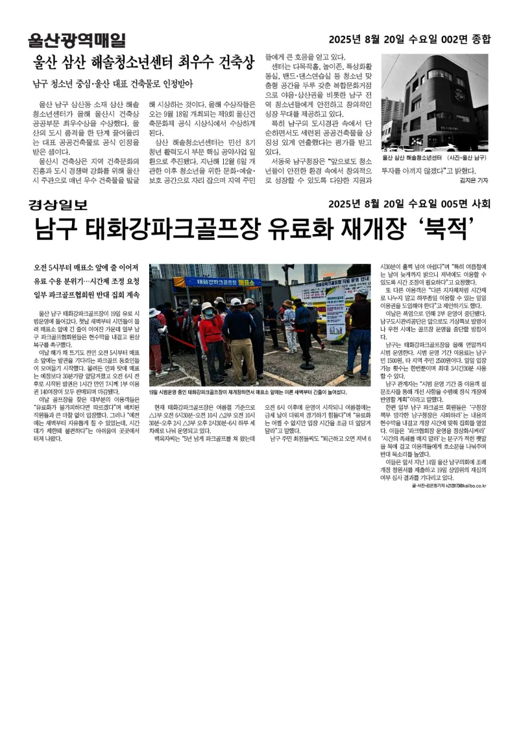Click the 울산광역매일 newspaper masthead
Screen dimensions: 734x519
point(77,40)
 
